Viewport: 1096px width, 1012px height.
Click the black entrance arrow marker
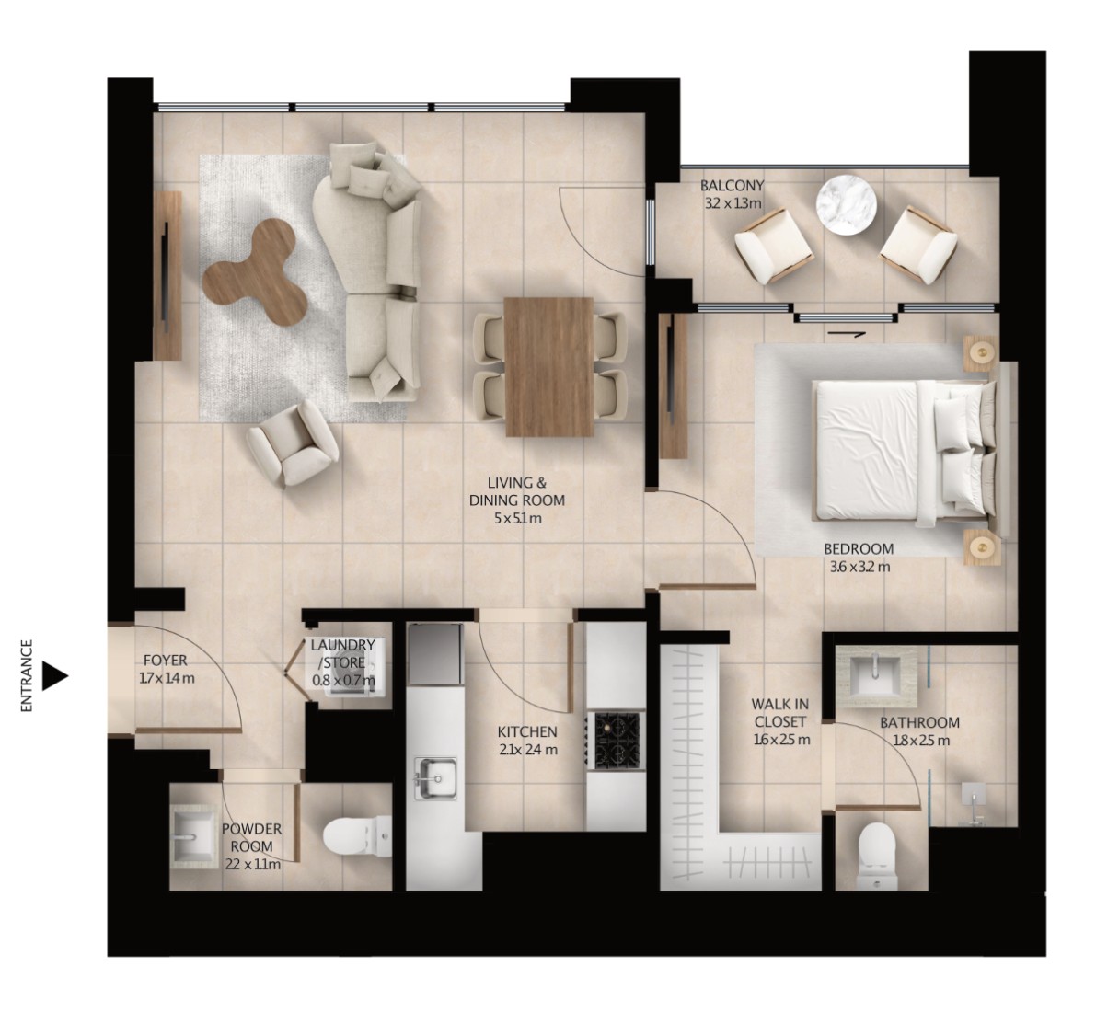54,676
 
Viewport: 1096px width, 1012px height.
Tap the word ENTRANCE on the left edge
28,676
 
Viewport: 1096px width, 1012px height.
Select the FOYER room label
165,660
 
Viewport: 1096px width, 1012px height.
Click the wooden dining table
548,367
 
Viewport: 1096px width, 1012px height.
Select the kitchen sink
434,778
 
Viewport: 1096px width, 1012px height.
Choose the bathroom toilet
876,856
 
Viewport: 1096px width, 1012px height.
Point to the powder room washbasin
195,836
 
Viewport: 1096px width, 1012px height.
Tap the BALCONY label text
732,186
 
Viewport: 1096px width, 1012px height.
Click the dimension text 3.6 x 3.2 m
859,567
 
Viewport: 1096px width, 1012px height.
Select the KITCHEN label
527,731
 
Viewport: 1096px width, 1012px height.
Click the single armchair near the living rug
293,444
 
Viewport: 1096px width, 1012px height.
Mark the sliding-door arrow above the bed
847,334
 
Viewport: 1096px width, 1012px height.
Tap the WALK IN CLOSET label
780,713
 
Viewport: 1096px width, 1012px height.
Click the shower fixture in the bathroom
973,804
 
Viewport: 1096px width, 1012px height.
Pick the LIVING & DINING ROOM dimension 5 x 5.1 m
516,519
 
